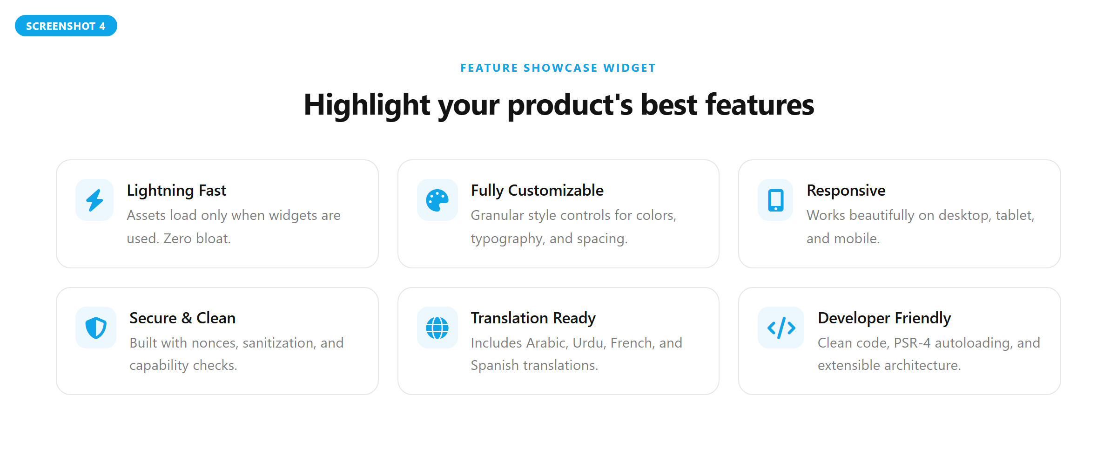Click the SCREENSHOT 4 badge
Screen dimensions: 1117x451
[x=66, y=26]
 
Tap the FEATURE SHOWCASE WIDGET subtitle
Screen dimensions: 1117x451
[x=558, y=68]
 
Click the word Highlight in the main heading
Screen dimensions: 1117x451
[x=367, y=105]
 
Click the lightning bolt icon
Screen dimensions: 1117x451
[x=94, y=200]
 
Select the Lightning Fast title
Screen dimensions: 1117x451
[x=176, y=191]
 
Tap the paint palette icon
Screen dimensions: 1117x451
[x=437, y=200]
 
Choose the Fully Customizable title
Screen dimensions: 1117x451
[x=537, y=191]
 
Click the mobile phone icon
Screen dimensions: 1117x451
[x=775, y=200]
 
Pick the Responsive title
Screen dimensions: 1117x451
[x=846, y=191]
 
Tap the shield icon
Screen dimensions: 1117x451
[x=96, y=328]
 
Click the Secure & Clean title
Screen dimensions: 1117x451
[x=182, y=318]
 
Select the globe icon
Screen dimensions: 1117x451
[x=437, y=328]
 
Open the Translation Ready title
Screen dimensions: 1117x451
[x=533, y=318]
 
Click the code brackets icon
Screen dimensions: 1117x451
[x=781, y=328]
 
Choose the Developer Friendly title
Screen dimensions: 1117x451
[x=884, y=318]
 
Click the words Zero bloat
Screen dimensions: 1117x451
[x=197, y=239]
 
